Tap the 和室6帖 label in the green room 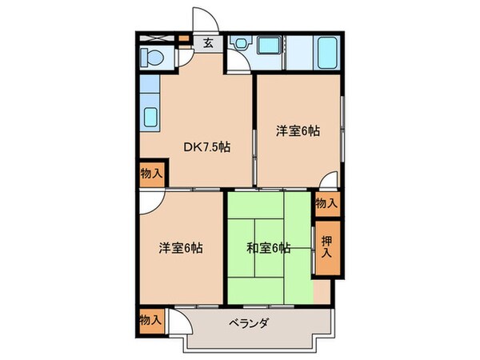click(269, 248)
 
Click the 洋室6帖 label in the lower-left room click(179, 248)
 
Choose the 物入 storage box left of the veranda click(150, 319)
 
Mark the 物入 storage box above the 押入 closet click(326, 203)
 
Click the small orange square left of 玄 click(183, 38)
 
